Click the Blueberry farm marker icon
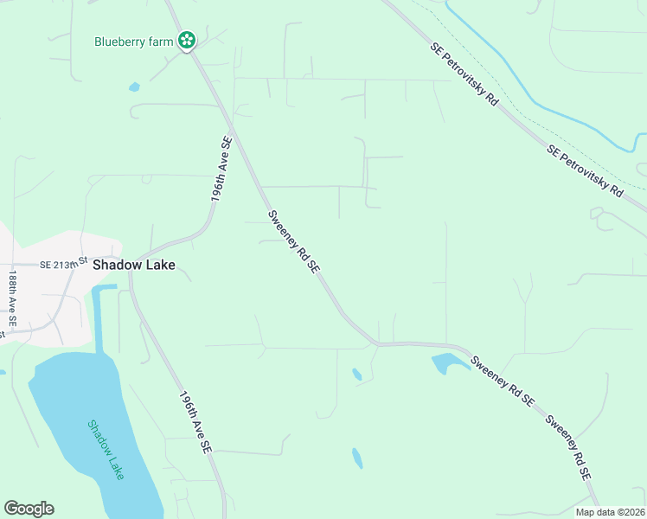coord(187,40)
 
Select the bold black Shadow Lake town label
coord(134,266)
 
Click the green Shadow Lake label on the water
coord(106,449)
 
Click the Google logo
coord(29,509)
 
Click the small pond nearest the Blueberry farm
coord(134,86)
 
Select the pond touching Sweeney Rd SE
coord(447,362)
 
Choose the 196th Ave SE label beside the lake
coord(195,424)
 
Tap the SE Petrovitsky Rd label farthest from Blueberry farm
coord(585,170)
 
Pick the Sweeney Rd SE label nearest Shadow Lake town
coord(294,242)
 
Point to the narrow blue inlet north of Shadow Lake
coord(97,316)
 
